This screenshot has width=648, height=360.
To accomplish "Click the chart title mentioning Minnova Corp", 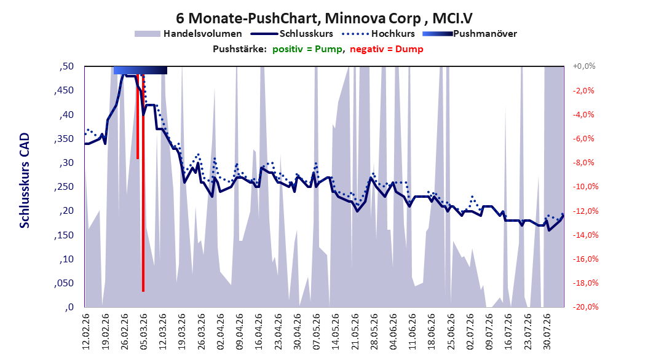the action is [324, 18].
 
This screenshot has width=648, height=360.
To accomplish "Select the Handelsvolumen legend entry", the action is [188, 34].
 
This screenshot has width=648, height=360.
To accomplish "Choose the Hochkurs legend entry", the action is [378, 34].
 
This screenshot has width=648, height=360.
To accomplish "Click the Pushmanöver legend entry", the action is [470, 34].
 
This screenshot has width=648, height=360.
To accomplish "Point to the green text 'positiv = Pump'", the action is [307, 49].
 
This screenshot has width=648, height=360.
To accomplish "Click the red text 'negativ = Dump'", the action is [387, 49].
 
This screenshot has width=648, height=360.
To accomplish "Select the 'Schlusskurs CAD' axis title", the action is [25, 181].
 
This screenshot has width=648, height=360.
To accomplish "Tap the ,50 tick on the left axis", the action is [66, 66].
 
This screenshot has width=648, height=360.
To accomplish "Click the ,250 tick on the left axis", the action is [64, 187].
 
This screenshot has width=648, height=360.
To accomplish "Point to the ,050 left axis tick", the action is [64, 283].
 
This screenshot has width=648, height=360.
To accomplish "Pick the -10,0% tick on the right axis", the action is [585, 187].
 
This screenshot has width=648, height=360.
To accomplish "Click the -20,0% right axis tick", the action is [585, 307].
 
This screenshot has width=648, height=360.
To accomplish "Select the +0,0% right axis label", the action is [584, 66].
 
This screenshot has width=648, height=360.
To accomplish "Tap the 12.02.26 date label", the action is [86, 332].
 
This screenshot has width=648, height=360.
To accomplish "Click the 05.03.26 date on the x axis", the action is [143, 332].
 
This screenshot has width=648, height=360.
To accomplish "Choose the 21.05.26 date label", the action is [355, 332].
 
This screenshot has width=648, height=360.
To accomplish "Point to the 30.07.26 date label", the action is [547, 332].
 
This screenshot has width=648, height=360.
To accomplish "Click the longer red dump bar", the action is [143, 183].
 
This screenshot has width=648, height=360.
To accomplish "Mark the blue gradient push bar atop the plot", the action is [141, 70].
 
